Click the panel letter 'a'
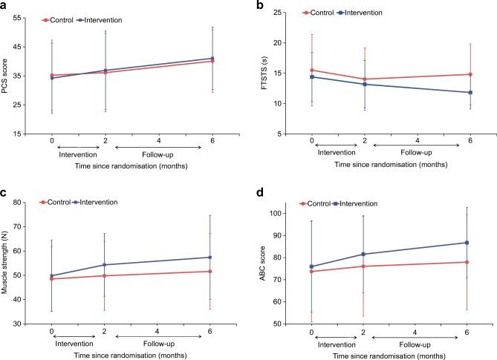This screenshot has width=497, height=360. point(6,7)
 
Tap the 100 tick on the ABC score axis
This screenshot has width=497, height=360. point(285,213)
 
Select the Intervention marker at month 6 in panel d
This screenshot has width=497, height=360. point(467,243)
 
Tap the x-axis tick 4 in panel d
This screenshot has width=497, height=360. point(415,333)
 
